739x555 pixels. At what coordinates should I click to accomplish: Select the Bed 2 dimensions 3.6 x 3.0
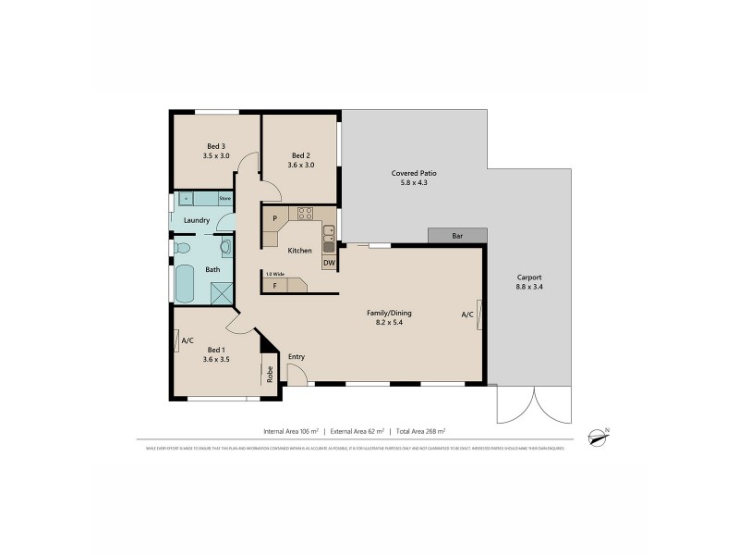tap(301, 165)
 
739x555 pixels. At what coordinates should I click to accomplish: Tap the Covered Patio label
tap(414, 173)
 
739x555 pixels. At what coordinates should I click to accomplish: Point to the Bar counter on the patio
tap(456, 236)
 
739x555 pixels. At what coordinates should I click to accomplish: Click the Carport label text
tap(529, 277)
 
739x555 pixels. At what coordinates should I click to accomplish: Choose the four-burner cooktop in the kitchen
tap(305, 214)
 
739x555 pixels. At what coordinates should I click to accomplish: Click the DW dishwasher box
tap(329, 263)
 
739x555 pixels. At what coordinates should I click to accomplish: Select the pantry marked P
tap(274, 218)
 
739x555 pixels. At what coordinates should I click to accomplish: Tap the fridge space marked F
tap(274, 286)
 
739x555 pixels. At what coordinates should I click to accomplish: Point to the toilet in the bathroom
tap(182, 248)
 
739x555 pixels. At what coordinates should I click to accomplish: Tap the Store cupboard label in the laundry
tap(224, 198)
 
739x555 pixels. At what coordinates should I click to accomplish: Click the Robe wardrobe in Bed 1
tap(270, 375)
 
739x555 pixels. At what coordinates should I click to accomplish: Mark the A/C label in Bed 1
tap(188, 340)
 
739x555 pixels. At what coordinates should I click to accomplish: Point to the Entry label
tap(297, 357)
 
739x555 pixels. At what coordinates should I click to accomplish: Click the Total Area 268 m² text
tap(420, 431)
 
